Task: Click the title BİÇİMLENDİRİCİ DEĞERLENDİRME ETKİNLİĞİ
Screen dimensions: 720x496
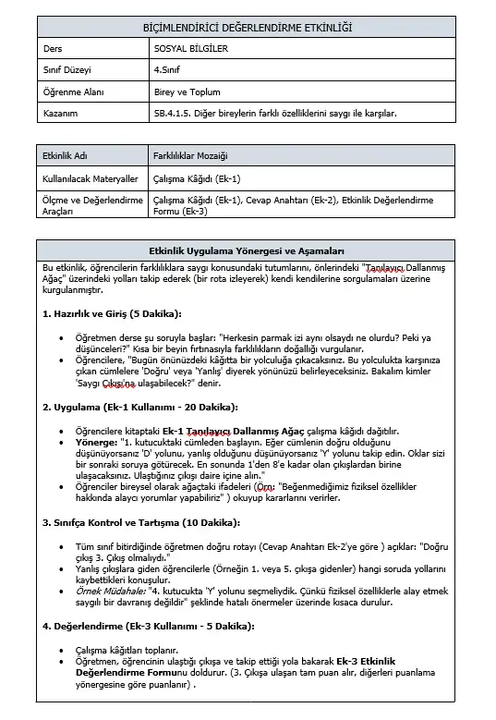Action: pos(248,30)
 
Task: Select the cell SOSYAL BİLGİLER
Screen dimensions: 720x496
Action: pos(190,48)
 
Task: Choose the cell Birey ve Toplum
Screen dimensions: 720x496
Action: pos(188,92)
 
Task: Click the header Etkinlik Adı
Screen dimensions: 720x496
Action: pos(67,156)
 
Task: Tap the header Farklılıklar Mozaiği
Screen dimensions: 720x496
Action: pos(190,156)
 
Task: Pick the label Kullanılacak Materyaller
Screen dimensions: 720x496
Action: pos(91,178)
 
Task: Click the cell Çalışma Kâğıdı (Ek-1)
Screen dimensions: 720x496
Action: pos(197,178)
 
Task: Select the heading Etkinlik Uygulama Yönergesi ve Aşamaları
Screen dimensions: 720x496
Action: pos(247,250)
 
